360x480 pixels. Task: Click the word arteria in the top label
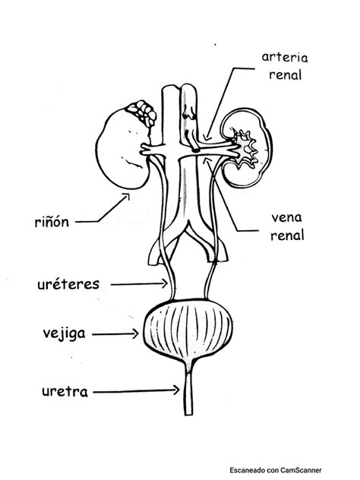[286, 58]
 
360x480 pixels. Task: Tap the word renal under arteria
[286, 76]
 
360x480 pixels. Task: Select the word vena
[287, 217]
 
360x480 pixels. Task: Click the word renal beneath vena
[287, 235]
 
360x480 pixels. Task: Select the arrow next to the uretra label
[137, 392]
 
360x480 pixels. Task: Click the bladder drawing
[185, 333]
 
